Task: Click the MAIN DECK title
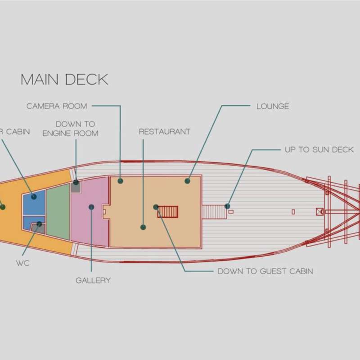coord(64,80)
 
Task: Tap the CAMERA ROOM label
coord(57,106)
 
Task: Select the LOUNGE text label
coord(273,106)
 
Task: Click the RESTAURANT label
coord(165,131)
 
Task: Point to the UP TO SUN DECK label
coord(319,150)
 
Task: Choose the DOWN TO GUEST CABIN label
coord(265,271)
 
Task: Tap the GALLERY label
coord(93,280)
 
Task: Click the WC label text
coord(23,263)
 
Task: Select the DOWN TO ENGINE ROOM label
coord(71,129)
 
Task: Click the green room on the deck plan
coord(58,211)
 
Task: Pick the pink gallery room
coord(89,211)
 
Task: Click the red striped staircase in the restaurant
coord(168,211)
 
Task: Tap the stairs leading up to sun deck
coord(214,212)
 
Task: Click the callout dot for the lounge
coord(187,181)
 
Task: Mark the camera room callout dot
coord(120,181)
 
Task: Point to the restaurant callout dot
coord(143,227)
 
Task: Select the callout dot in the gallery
coord(91,207)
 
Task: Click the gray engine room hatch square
coord(76,187)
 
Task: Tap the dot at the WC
coord(39,224)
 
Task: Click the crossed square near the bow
coord(319,211)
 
